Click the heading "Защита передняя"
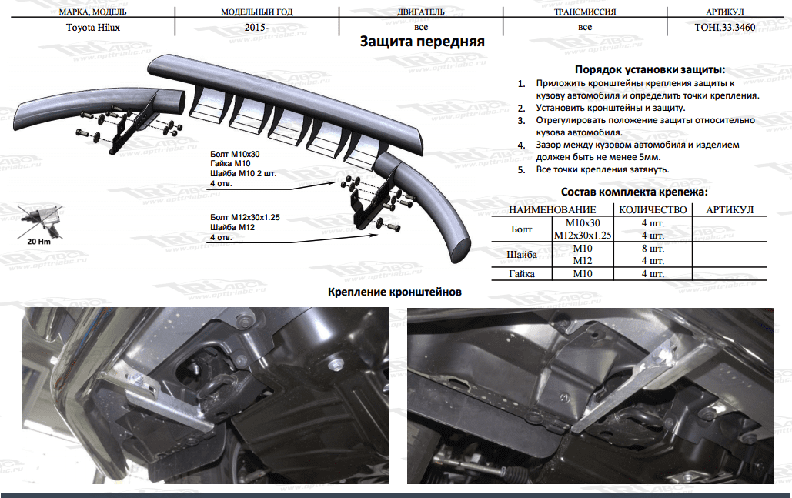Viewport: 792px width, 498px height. coord(423,42)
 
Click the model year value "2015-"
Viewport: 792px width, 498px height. coord(256,27)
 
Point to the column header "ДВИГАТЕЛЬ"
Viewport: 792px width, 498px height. coord(421,12)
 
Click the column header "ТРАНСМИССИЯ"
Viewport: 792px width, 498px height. coord(585,12)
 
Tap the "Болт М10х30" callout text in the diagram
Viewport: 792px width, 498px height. coord(232,153)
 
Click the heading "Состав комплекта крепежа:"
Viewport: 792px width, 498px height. coord(634,192)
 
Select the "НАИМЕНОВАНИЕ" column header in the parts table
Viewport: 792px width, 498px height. coord(553,209)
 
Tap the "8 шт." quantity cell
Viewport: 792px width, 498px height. coord(652,248)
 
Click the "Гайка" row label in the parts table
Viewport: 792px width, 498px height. coord(522,274)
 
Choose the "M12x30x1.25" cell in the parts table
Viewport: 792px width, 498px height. coord(582,235)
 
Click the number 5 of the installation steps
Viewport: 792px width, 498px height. coord(521,169)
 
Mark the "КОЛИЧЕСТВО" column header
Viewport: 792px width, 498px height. coord(652,209)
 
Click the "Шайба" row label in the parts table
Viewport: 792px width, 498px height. coord(522,254)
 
